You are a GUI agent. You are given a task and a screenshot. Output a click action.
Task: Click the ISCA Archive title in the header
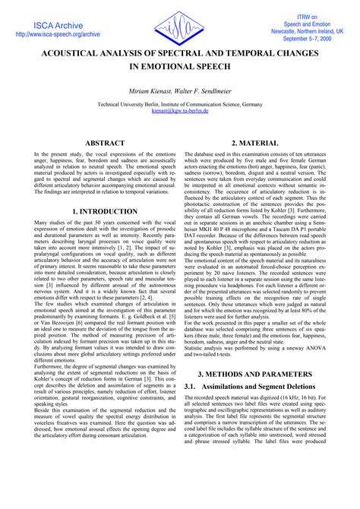58,25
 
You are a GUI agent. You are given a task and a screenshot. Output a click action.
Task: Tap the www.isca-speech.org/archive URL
58,35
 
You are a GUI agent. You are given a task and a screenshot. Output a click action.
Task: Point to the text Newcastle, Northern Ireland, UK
308,30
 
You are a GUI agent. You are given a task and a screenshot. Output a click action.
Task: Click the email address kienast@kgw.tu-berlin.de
180,110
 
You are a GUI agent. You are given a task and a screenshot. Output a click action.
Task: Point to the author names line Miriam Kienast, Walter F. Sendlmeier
180,90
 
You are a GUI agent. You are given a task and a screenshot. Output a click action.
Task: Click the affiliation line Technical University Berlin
180,103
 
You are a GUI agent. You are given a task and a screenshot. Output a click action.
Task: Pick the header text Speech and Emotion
308,22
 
